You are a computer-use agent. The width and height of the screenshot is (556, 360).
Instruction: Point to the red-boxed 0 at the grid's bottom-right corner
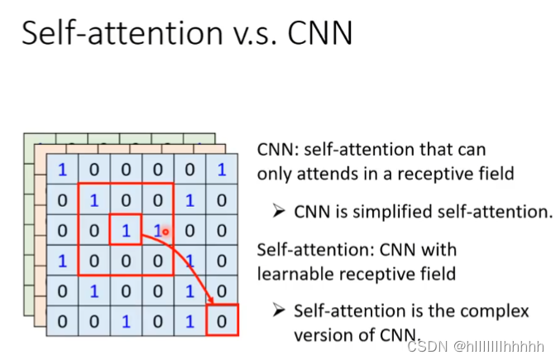click(221, 319)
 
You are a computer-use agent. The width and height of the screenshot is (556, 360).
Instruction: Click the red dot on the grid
click(165, 233)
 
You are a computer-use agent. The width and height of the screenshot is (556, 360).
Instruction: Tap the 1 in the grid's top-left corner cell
click(62, 170)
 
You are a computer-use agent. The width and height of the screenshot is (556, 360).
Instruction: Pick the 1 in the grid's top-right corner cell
click(221, 170)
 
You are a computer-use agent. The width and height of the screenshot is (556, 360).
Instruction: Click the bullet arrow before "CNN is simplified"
click(279, 211)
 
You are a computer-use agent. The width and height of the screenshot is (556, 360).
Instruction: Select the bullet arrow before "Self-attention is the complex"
click(279, 311)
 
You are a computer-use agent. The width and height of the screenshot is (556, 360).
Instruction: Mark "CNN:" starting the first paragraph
click(277, 150)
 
